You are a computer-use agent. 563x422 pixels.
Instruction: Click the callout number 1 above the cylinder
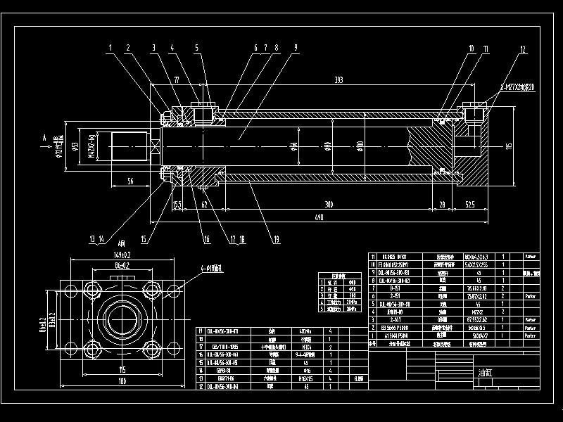[110, 48]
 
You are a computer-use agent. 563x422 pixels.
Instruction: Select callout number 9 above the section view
[296, 48]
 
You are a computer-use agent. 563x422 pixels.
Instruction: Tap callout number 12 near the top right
[523, 49]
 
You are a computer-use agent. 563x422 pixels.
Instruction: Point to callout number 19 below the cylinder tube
[277, 239]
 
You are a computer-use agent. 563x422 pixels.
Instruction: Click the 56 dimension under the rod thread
[130, 181]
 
